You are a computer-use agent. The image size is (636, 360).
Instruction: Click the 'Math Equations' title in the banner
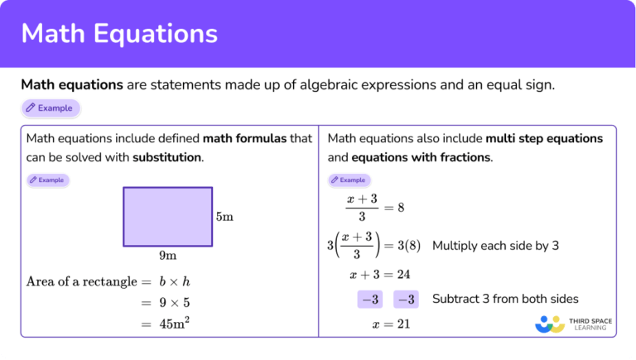point(119,33)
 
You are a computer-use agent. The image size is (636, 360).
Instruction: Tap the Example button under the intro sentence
point(51,108)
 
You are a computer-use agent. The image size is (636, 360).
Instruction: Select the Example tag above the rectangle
point(47,179)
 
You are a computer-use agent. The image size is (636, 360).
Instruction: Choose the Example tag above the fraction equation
point(349,179)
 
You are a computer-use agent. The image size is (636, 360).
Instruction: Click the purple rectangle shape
point(168,216)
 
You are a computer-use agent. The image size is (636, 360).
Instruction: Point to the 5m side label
point(224,217)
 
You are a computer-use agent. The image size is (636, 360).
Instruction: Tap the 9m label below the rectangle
point(168,256)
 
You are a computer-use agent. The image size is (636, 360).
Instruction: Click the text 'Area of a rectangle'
point(81,281)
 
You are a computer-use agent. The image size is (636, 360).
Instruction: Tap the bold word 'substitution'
point(166,156)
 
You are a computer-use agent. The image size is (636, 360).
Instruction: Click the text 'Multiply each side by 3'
point(496,246)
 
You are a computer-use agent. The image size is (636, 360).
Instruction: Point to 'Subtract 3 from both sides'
point(505,299)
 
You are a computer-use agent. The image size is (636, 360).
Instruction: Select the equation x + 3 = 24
point(380,275)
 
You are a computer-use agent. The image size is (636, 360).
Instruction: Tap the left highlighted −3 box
point(369,300)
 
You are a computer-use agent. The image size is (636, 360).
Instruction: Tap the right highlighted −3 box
point(406,300)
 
